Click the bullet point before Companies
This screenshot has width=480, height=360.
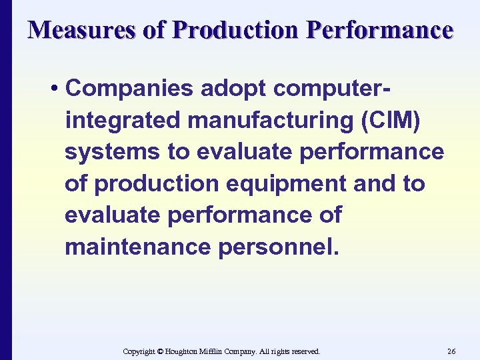click(x=57, y=88)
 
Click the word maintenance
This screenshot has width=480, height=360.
click(x=137, y=248)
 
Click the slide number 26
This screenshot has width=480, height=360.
click(x=451, y=351)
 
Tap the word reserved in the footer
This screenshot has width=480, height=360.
click(x=303, y=351)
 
